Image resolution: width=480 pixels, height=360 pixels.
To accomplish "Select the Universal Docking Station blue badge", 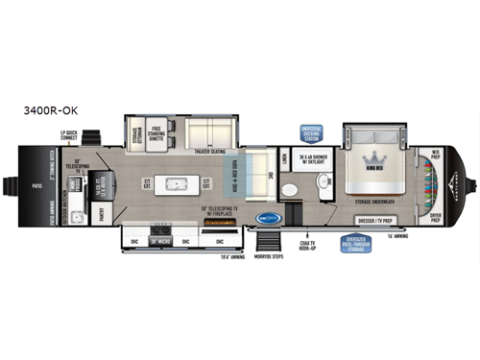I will click(x=312, y=132).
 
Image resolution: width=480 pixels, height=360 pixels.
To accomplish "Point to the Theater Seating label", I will click(x=209, y=150).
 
